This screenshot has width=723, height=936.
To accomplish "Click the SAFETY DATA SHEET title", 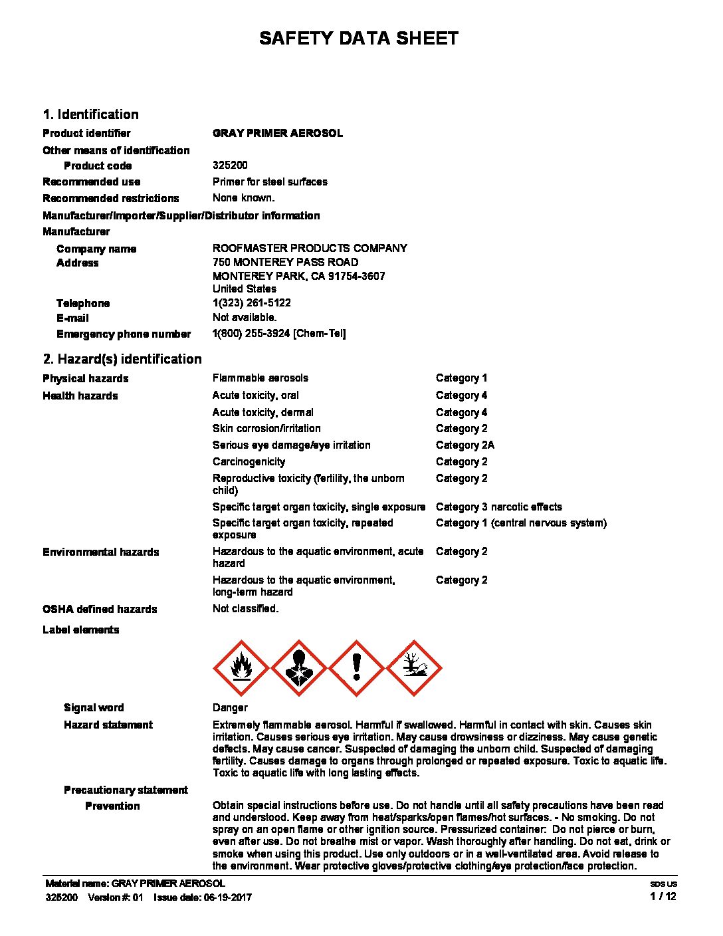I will click(x=359, y=39).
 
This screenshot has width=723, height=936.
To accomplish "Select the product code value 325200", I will click(x=230, y=165).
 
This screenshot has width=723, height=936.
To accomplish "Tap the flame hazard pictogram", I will click(x=241, y=667).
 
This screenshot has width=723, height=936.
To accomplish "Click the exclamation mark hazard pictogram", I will click(x=357, y=667).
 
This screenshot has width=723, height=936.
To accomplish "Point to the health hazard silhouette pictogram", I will click(x=298, y=667).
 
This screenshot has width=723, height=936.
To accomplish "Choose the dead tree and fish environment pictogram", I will click(x=414, y=667).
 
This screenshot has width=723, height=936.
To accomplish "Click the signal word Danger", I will click(x=230, y=707).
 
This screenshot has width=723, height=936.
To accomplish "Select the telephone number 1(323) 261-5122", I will click(x=252, y=302).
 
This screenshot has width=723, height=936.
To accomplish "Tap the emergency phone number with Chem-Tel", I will click(x=279, y=333).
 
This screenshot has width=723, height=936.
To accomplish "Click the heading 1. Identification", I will click(x=91, y=114).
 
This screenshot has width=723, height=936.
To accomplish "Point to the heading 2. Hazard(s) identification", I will click(x=122, y=359).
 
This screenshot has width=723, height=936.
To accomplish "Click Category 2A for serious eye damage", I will click(x=465, y=445).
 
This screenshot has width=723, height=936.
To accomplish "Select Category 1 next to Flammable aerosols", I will click(x=461, y=378).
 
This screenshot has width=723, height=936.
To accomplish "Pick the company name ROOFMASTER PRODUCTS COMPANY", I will click(x=310, y=248).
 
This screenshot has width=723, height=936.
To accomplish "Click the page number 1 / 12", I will click(x=663, y=896).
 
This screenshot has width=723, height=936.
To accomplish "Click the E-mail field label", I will click(x=72, y=318).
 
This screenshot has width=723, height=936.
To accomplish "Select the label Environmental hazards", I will click(x=101, y=552).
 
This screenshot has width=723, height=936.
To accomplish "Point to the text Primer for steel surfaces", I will click(x=270, y=181).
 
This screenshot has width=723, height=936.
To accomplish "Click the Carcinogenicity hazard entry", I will click(x=249, y=461).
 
